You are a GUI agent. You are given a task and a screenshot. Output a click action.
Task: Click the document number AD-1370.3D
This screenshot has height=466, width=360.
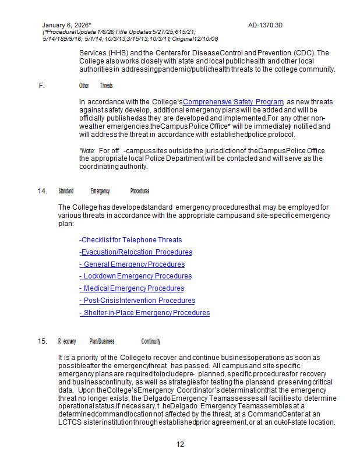click(x=265, y=26)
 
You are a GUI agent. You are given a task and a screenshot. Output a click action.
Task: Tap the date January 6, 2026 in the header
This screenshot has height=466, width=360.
click(x=66, y=26)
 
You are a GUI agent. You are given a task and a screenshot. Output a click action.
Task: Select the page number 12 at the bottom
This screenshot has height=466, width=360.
click(x=180, y=444)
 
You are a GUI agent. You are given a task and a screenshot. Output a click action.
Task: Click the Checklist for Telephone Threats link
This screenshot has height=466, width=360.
click(x=130, y=240)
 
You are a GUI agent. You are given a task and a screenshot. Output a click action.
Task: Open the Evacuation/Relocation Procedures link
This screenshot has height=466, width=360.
click(x=135, y=252)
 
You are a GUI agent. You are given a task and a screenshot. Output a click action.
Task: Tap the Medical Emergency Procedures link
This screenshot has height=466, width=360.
click(x=132, y=288)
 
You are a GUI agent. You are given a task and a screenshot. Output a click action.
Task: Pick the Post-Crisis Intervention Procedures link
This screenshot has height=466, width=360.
click(x=137, y=301)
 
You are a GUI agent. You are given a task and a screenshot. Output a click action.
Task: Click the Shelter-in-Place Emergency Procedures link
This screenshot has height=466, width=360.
click(x=144, y=313)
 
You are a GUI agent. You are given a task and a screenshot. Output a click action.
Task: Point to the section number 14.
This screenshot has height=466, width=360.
click(x=42, y=191)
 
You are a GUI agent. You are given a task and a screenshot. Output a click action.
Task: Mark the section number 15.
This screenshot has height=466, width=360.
click(x=42, y=341)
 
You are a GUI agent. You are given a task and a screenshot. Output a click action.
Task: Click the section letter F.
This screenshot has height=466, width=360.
click(x=41, y=86)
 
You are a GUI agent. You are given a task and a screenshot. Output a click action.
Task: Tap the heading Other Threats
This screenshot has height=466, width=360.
click(x=96, y=86)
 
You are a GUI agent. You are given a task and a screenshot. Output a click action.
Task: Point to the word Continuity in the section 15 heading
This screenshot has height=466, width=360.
click(x=150, y=341)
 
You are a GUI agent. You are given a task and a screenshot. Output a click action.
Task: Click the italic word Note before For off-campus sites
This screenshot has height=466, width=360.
click(x=87, y=150)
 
